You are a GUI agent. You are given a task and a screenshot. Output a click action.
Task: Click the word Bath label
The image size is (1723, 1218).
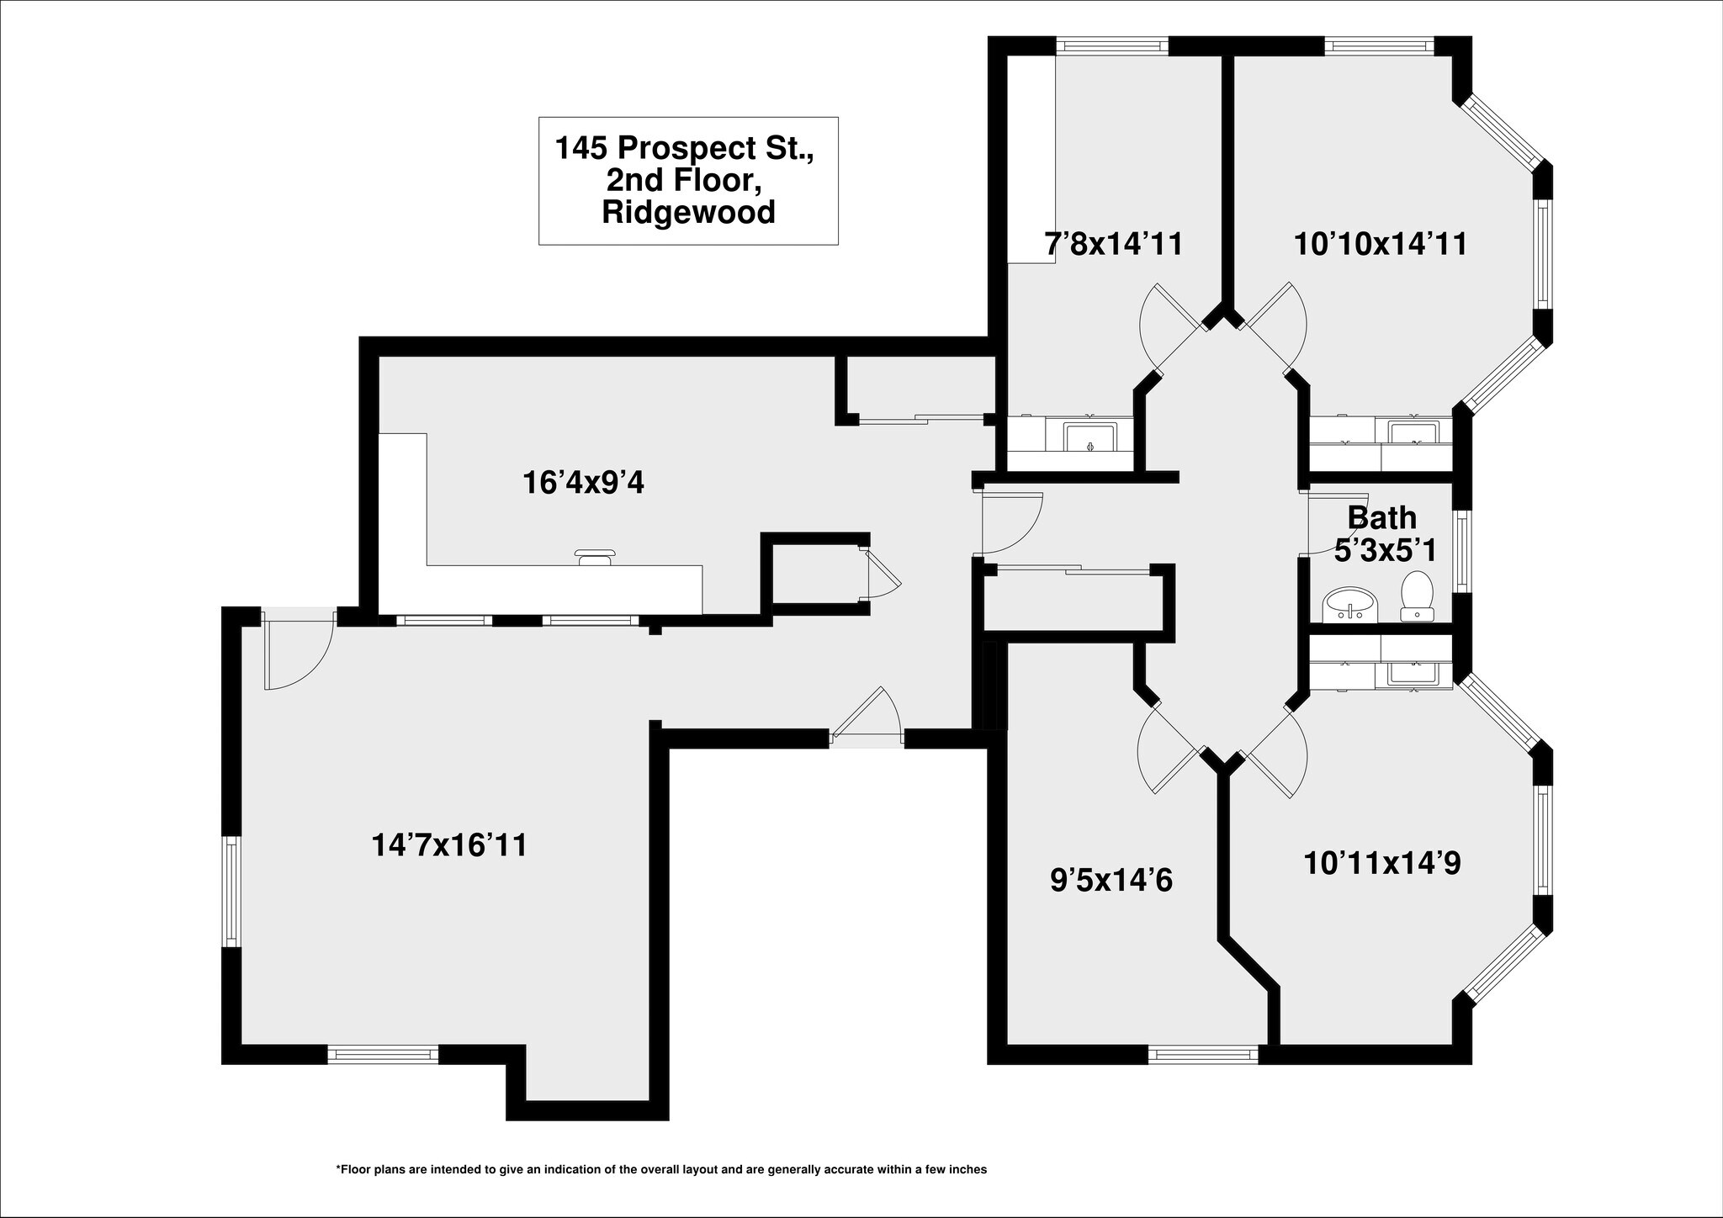(x=1381, y=517)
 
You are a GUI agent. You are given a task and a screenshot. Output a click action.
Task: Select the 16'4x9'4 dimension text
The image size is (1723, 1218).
(x=583, y=483)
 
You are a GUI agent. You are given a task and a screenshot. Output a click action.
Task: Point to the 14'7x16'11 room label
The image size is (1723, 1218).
(x=449, y=845)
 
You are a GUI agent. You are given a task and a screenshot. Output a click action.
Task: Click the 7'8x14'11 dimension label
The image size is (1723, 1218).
(x=1113, y=244)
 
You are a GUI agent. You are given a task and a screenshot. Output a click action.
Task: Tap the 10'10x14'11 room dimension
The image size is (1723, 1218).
(x=1380, y=244)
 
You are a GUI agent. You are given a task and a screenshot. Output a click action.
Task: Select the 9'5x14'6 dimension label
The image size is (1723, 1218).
(x=1111, y=881)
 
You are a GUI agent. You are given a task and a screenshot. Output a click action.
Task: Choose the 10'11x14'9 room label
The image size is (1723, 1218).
(x=1381, y=863)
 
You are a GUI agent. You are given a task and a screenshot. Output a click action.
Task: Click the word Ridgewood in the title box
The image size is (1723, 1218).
(x=688, y=212)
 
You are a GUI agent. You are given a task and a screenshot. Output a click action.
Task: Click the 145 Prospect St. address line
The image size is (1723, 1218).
(x=684, y=148)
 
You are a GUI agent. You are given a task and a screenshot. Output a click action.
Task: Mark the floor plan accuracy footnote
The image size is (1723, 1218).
(x=660, y=1169)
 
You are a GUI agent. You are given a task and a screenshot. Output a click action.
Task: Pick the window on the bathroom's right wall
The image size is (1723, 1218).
(x=1463, y=551)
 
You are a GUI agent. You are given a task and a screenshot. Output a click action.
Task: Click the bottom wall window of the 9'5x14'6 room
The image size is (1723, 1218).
(x=1203, y=1055)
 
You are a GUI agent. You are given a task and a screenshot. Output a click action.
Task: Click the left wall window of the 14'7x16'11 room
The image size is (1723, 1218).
(x=231, y=892)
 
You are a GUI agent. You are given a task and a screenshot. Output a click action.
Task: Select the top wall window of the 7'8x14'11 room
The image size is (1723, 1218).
(x=1112, y=46)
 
